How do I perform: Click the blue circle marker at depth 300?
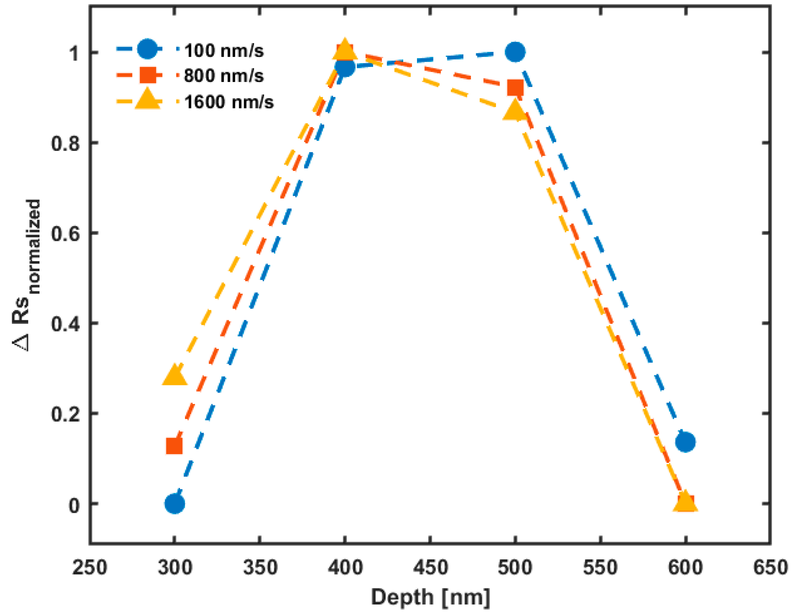pyautogui.click(x=174, y=504)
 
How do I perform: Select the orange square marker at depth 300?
pyautogui.click(x=174, y=446)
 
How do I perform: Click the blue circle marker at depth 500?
pyautogui.click(x=515, y=52)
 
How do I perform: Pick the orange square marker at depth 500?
pyautogui.click(x=515, y=88)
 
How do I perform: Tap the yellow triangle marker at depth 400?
pyautogui.click(x=345, y=49)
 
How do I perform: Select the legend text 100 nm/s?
pyautogui.click(x=224, y=50)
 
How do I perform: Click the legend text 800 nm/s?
pyautogui.click(x=224, y=76)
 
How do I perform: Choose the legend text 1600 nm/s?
pyautogui.click(x=229, y=102)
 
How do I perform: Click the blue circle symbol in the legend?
pyautogui.click(x=147, y=49)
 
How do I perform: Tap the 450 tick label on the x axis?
pyautogui.click(x=430, y=567)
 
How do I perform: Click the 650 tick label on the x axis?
pyautogui.click(x=770, y=567)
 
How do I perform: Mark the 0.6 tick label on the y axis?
pyautogui.click(x=65, y=234)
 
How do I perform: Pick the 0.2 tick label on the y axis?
pyautogui.click(x=65, y=414)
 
